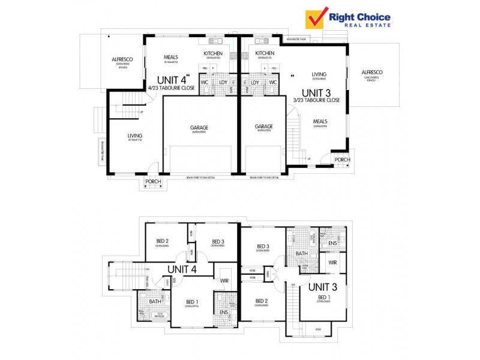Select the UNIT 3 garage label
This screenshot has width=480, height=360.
pos(264,127)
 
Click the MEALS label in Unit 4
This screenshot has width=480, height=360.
pos(172,58)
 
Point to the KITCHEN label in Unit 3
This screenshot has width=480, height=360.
pos(265,53)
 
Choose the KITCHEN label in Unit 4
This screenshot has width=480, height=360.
pos(213,53)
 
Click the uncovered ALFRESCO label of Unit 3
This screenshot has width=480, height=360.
pos(372,73)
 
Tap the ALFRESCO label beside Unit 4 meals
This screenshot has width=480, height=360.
pos(122,59)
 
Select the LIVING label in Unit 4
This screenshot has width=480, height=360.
pos(134,136)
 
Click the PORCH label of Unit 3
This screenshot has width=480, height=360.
pos(342,160)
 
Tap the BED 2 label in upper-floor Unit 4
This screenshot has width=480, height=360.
pos(163,241)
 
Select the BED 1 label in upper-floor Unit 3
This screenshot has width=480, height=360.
pos(324,298)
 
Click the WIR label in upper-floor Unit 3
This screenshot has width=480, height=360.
pos(331,262)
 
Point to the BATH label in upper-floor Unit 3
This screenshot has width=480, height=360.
pos(301,254)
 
